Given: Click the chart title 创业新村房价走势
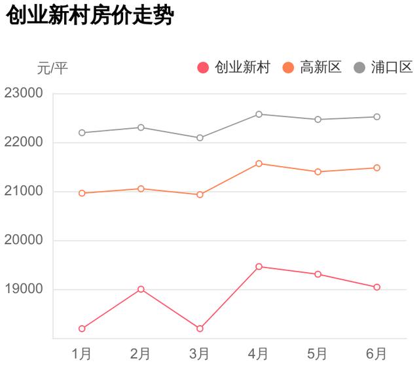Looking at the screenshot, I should tap(90, 17).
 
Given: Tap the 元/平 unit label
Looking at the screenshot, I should tap(52, 67).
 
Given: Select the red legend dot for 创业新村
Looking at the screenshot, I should tap(203, 67).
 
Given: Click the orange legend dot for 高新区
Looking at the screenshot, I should tap(288, 67).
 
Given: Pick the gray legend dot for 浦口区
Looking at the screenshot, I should tap(360, 67).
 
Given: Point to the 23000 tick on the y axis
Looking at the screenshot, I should tap(24, 93).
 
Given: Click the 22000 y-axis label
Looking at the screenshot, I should tap(24, 142).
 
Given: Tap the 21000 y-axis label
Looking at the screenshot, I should tap(24, 191).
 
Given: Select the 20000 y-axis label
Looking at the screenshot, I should tap(24, 240).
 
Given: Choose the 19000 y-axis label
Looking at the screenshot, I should tap(24, 289).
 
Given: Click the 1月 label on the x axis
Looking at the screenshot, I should tap(82, 354).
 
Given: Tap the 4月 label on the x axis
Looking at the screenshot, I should tap(259, 354).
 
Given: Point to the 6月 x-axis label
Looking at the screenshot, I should tap(376, 354).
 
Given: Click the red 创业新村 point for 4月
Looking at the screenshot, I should tap(259, 266).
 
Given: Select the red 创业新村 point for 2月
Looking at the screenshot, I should tap(141, 289).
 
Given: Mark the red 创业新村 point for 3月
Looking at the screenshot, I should tap(200, 329).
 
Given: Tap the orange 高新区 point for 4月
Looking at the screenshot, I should tap(259, 164).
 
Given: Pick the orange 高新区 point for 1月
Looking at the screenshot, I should tap(82, 193).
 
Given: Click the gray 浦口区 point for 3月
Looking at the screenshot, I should tap(200, 137).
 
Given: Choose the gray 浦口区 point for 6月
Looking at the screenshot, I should tap(377, 116).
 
